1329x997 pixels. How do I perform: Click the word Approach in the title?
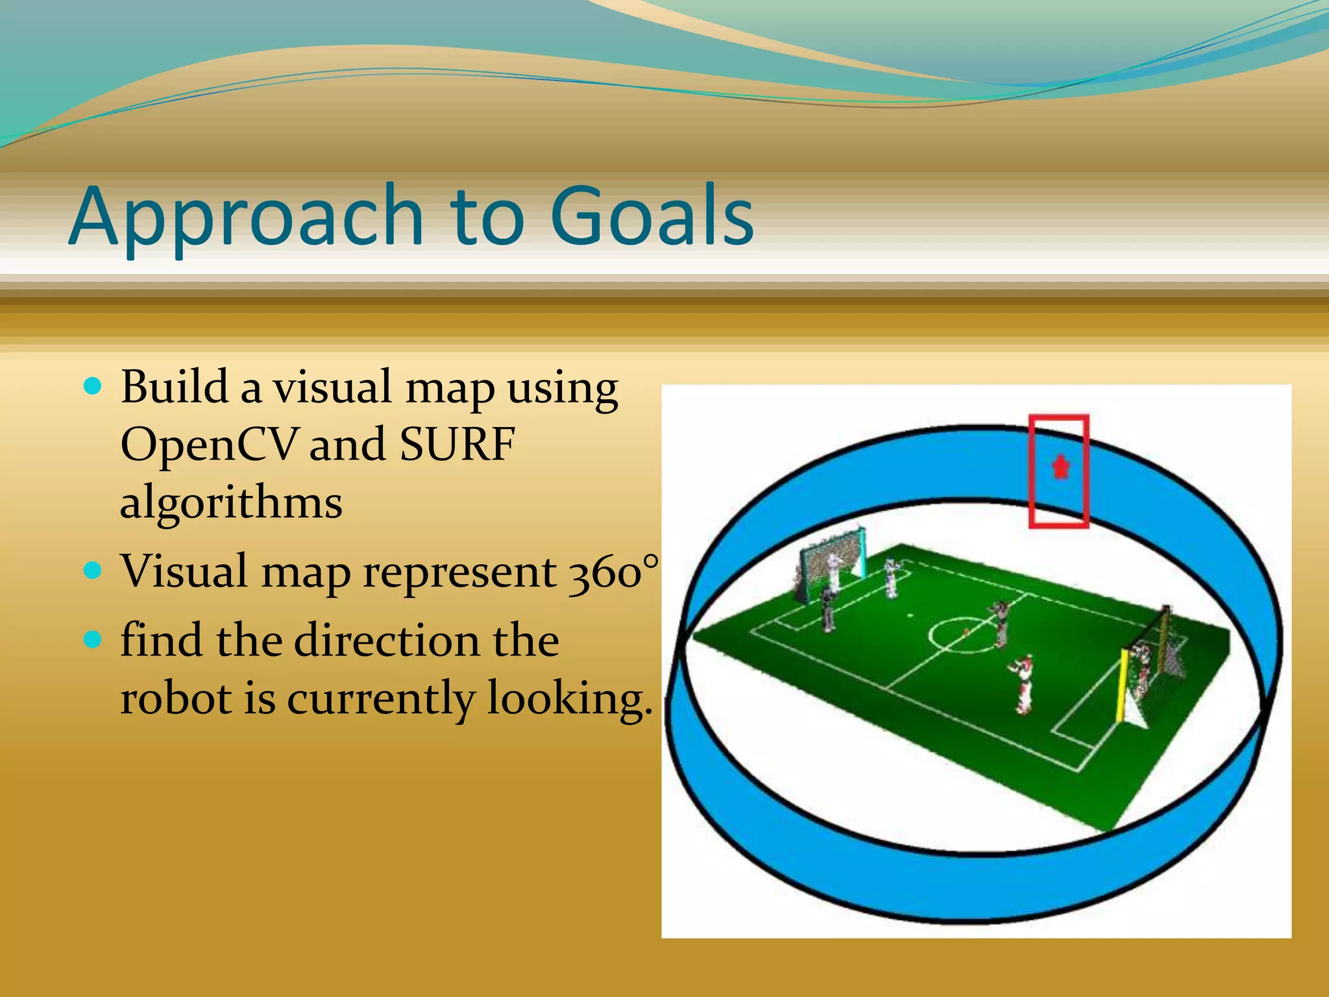point(247,217)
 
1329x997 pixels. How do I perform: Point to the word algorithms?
point(231,503)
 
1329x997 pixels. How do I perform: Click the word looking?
point(568,700)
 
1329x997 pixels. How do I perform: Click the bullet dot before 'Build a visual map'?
point(93,388)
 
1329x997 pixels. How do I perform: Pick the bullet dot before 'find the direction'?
point(93,640)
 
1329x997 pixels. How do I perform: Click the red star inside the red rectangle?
point(1060,467)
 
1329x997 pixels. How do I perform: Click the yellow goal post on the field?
point(1122,684)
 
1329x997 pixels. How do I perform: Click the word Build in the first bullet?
point(174,388)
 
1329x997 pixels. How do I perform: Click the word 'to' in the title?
point(487,217)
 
